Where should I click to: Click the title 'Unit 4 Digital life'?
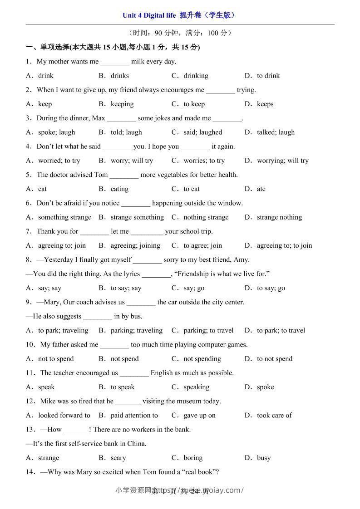point(149,15)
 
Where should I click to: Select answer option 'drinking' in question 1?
point(196,76)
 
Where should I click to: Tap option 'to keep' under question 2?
point(194,104)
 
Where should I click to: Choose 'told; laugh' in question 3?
point(126,132)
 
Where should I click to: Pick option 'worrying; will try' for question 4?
point(282,161)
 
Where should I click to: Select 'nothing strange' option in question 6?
point(206,217)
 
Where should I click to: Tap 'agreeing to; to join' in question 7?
point(284,245)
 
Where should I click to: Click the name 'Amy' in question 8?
point(241,260)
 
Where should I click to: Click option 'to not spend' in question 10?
point(275,359)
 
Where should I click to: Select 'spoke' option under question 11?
point(265,387)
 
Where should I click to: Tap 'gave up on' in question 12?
point(199,415)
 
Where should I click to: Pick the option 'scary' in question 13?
point(118,458)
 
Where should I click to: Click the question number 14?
point(30,472)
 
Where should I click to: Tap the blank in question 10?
point(114,345)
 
